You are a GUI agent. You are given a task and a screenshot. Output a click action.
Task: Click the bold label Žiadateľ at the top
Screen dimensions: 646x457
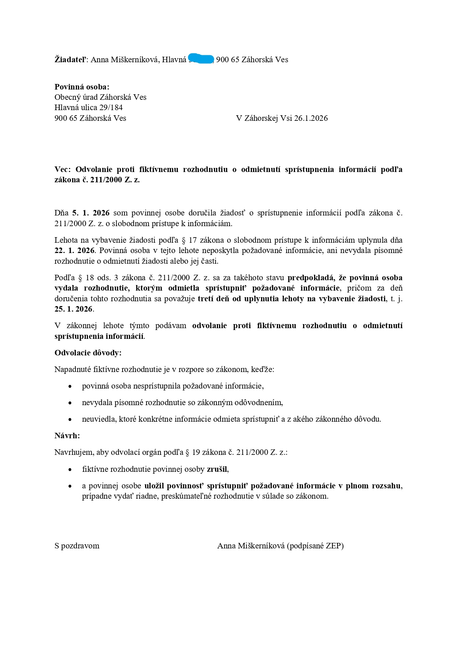pyautogui.click(x=70, y=60)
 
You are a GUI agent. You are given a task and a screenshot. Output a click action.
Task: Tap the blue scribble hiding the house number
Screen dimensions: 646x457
pyautogui.click(x=201, y=59)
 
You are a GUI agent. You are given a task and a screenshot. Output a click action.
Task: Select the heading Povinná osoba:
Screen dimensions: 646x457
pyautogui.click(x=82, y=87)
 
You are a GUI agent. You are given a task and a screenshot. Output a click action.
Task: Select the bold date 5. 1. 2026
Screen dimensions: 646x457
pyautogui.click(x=91, y=213)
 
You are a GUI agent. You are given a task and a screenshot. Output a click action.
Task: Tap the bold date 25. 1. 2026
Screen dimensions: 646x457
pyautogui.click(x=74, y=309)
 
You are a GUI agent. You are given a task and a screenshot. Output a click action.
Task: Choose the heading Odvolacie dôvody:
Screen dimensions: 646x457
pyautogui.click(x=88, y=353)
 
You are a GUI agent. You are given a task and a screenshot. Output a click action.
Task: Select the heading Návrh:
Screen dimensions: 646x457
pyautogui.click(x=67, y=436)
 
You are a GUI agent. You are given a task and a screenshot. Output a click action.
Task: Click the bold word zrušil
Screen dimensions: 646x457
pyautogui.click(x=217, y=469)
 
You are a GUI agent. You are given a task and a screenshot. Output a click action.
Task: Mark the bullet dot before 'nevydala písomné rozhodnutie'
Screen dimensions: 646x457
pyautogui.click(x=70, y=403)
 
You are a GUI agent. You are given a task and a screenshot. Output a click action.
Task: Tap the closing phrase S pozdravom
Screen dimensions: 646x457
pyautogui.click(x=77, y=546)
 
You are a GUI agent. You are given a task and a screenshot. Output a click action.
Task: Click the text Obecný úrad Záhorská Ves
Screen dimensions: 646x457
pyautogui.click(x=100, y=97)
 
